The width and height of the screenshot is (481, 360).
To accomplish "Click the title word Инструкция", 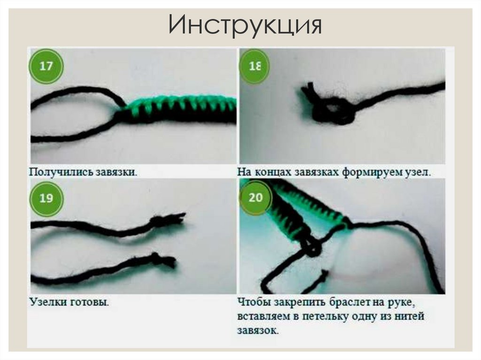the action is pyautogui.click(x=245, y=24).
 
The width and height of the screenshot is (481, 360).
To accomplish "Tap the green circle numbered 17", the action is pyautogui.click(x=46, y=66).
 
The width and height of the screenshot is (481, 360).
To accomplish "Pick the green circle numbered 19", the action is pyautogui.click(x=46, y=198).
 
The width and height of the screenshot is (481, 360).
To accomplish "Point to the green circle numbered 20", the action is pyautogui.click(x=256, y=198).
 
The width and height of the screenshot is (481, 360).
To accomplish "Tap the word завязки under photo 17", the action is pyautogui.click(x=116, y=172).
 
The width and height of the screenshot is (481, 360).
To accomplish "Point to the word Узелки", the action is pyautogui.click(x=48, y=302).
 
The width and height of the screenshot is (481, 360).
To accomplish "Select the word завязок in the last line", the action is pyautogui.click(x=258, y=330).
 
